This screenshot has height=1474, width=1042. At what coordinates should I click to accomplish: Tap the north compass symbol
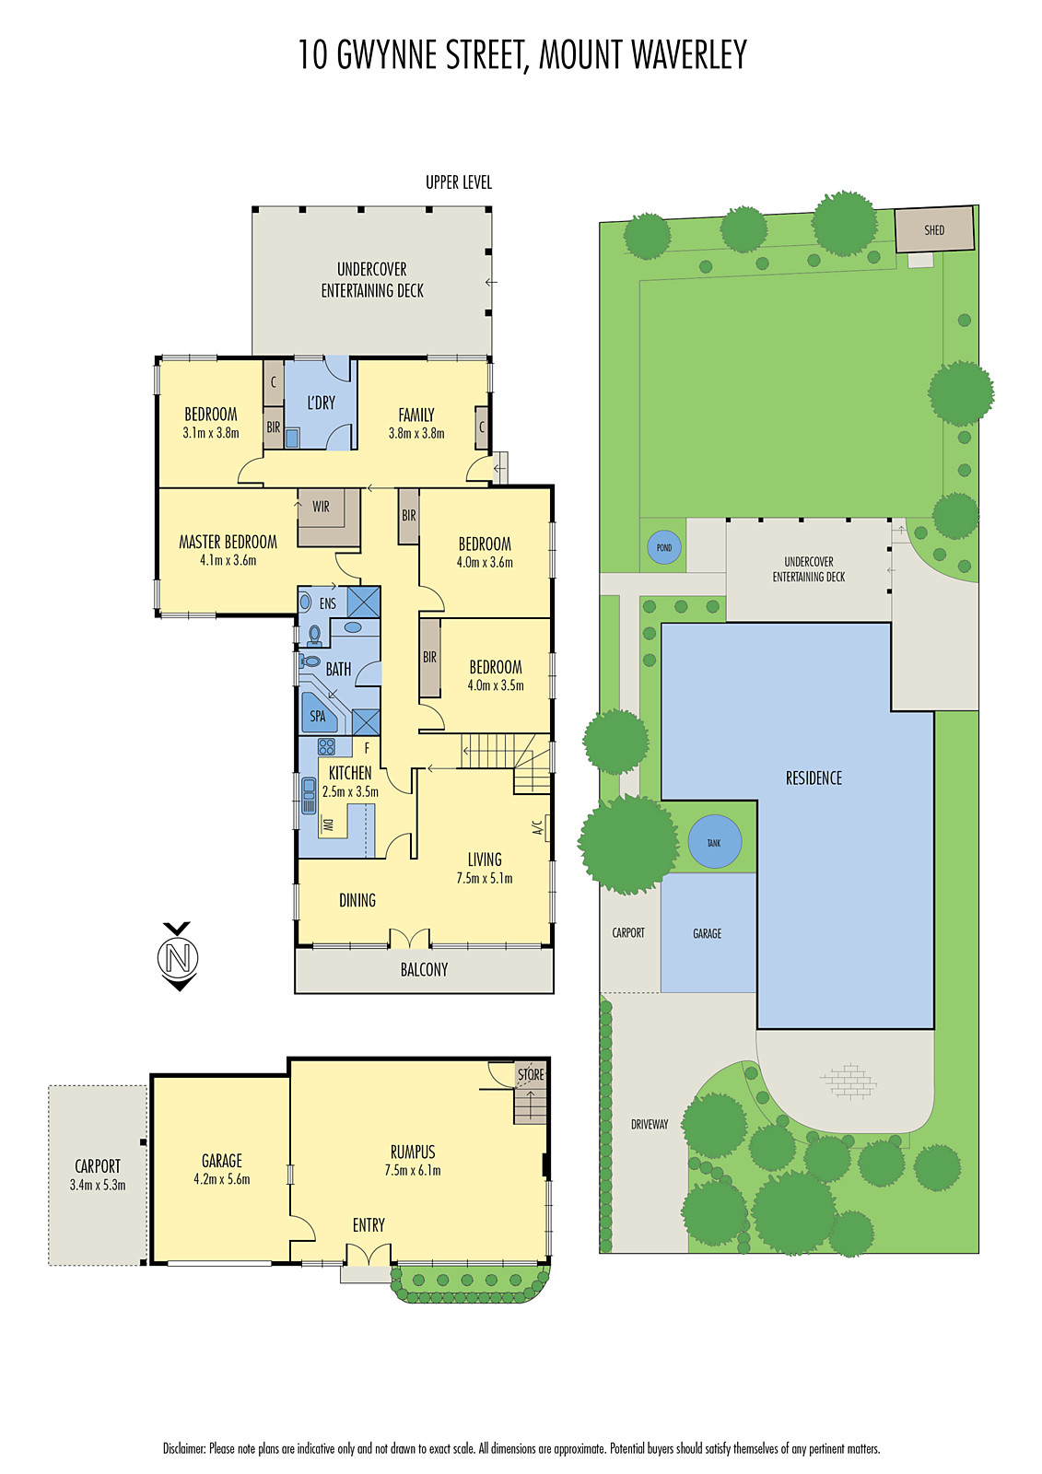pos(178,958)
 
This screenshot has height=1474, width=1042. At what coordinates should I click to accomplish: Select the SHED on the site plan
pos(934,229)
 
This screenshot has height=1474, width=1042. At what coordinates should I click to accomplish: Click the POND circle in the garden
pos(664,547)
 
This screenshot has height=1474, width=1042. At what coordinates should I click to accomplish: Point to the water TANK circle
pos(714,842)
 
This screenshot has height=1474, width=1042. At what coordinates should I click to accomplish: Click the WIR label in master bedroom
pos(321,507)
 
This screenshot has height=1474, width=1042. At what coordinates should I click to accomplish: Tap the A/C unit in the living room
pos(544,827)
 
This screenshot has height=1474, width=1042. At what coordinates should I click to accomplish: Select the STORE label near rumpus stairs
pos(531,1074)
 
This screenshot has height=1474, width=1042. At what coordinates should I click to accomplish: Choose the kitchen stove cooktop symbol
pos(327,746)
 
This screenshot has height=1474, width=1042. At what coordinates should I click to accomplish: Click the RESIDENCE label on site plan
pos(814,778)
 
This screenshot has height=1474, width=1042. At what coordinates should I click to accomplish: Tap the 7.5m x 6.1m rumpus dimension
pos(413,1171)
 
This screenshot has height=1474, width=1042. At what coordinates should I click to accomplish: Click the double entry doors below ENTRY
pos(368,1256)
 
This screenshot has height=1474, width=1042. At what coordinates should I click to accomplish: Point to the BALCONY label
pos(424,970)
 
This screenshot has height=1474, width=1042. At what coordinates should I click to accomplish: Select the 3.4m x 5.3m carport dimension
pos(98,1186)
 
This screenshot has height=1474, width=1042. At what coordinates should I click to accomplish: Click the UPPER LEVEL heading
pos(459,182)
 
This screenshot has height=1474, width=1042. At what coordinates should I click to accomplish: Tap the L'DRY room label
pos(321,403)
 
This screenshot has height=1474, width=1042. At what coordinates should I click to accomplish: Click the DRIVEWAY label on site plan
pos(650,1124)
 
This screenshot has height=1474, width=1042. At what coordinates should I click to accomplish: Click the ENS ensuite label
pos(328,603)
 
